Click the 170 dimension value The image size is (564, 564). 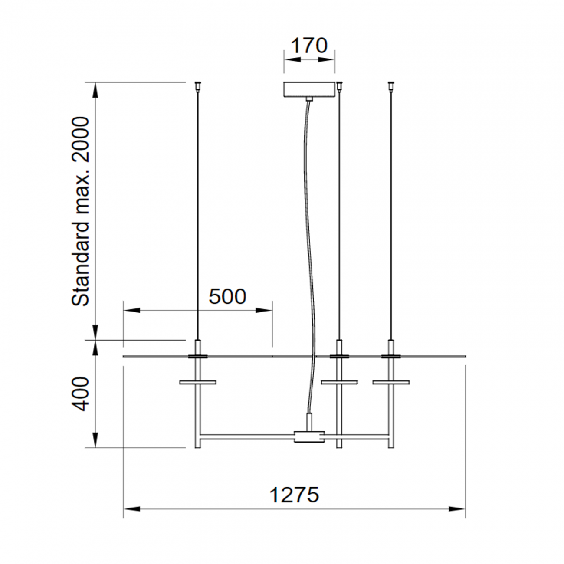click(309, 45)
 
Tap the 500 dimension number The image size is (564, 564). click(227, 296)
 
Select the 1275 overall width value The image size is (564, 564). click(294, 495)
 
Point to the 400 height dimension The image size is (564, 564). click(81, 393)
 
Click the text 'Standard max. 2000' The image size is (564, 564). click(81, 211)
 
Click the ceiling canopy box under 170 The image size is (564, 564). click(309, 89)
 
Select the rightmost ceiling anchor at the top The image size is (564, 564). click(391, 85)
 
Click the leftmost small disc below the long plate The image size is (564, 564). click(198, 382)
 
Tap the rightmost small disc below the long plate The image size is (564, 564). click(391, 382)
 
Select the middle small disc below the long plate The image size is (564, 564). click(339, 382)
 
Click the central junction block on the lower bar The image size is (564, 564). click(309, 437)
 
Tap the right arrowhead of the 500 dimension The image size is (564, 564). click(264, 310)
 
